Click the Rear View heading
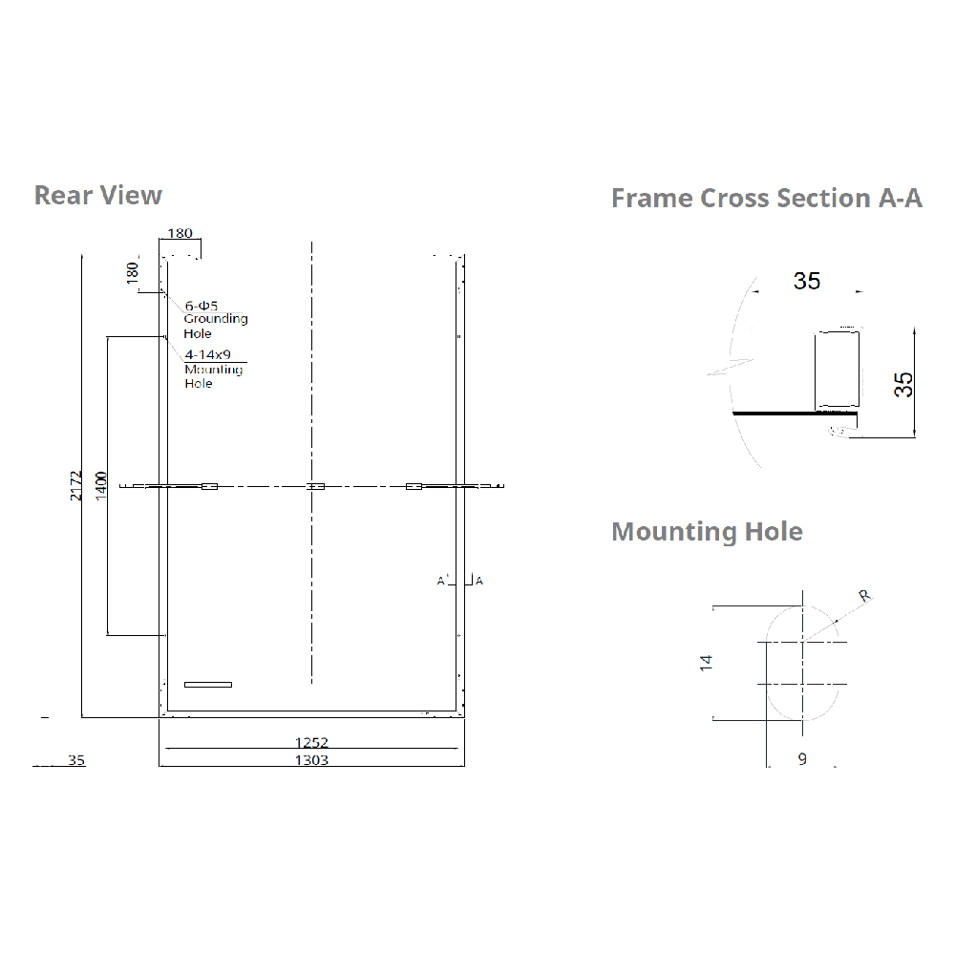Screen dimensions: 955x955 (x=98, y=195)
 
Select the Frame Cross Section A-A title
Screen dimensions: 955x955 (x=766, y=198)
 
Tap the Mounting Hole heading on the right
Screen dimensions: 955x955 (x=707, y=531)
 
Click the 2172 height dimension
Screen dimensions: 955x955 (x=76, y=485)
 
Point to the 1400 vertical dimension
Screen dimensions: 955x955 (x=101, y=485)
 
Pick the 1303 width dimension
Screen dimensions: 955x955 (x=311, y=760)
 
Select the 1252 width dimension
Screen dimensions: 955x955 (x=311, y=742)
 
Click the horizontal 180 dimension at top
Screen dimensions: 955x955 (x=180, y=233)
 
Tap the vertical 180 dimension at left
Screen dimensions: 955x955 (x=132, y=271)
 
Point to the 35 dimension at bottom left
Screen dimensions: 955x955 (x=76, y=761)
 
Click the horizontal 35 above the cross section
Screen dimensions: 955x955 (x=807, y=281)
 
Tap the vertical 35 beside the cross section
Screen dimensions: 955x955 (x=903, y=384)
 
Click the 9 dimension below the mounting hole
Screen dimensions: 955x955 (x=802, y=759)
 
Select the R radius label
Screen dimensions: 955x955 (x=863, y=596)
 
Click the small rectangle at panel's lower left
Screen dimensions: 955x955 (x=208, y=684)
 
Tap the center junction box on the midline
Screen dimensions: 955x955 (x=315, y=486)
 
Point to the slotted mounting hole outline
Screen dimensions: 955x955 (x=802, y=663)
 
